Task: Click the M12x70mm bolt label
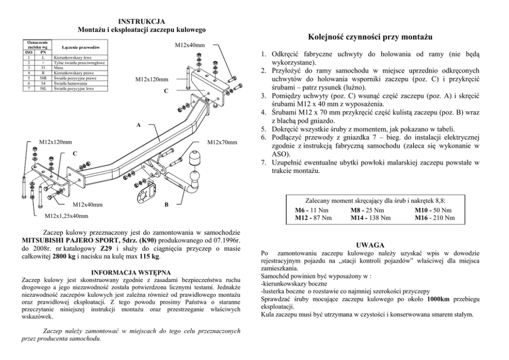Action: (x=222, y=142)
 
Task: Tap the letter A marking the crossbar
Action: (x=139, y=125)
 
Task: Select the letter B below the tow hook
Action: (x=166, y=204)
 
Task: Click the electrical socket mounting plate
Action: (x=144, y=196)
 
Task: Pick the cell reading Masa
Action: (x=60, y=68)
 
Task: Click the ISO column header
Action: (x=30, y=52)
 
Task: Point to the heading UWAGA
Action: (x=370, y=245)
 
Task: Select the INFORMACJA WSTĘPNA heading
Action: (x=131, y=272)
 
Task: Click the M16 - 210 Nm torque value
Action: (x=435, y=218)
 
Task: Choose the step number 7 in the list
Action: (x=263, y=162)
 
